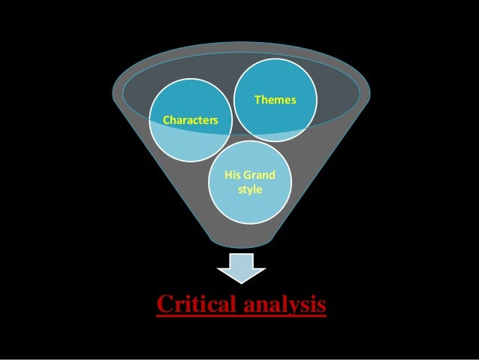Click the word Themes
coord(276,99)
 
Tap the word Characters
coord(191,119)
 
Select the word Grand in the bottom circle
coord(259,175)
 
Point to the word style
coord(250,189)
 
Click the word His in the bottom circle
coord(233,175)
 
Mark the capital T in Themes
coord(258,99)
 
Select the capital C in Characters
coord(166,119)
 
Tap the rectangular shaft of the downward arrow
coord(242,260)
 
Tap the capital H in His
coord(227,175)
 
